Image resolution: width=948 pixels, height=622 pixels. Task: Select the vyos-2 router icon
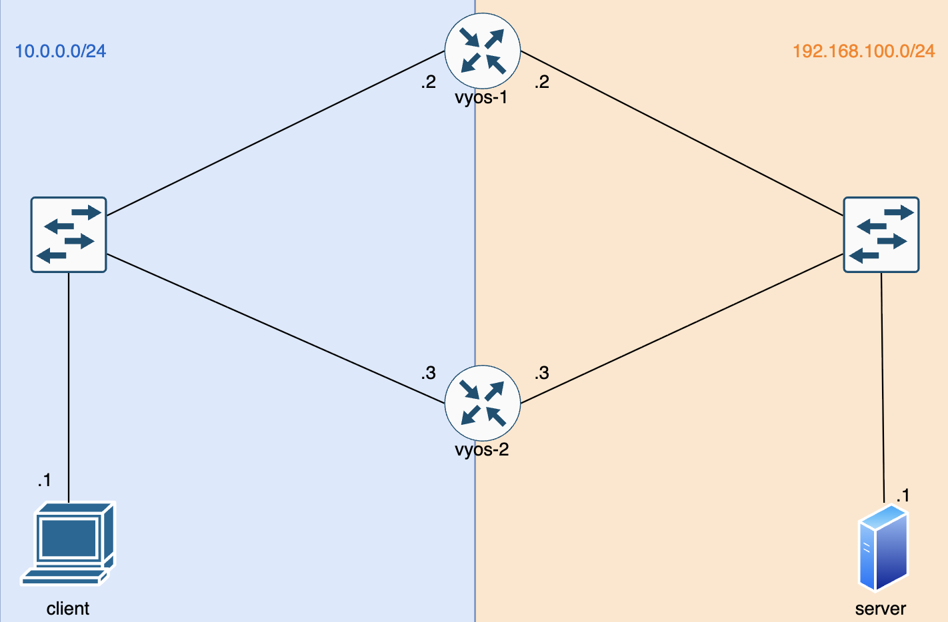[483, 403]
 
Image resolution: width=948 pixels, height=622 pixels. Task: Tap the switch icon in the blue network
[69, 234]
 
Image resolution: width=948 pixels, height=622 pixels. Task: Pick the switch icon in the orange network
[881, 234]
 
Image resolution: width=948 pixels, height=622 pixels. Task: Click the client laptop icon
[68, 543]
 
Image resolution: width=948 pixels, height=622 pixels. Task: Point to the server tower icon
[883, 548]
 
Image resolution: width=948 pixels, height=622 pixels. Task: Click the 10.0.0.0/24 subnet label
[61, 51]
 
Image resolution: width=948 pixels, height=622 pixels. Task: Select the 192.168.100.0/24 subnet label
[863, 51]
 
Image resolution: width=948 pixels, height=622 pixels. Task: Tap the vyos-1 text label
[481, 98]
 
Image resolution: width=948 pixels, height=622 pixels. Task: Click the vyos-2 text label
[481, 450]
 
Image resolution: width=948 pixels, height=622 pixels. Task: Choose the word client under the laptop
[68, 609]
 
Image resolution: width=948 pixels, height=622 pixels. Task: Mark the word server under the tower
[881, 609]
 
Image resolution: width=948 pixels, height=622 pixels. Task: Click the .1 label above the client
[45, 480]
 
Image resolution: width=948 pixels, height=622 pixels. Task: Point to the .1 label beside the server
[903, 495]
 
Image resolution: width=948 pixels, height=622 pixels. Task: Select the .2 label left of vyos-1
[428, 82]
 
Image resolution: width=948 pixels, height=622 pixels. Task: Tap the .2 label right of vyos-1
[541, 82]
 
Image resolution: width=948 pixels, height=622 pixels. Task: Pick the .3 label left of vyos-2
[428, 373]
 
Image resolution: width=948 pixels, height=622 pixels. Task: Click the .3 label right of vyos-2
[541, 373]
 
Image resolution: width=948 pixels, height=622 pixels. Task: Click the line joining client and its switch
[69, 386]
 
